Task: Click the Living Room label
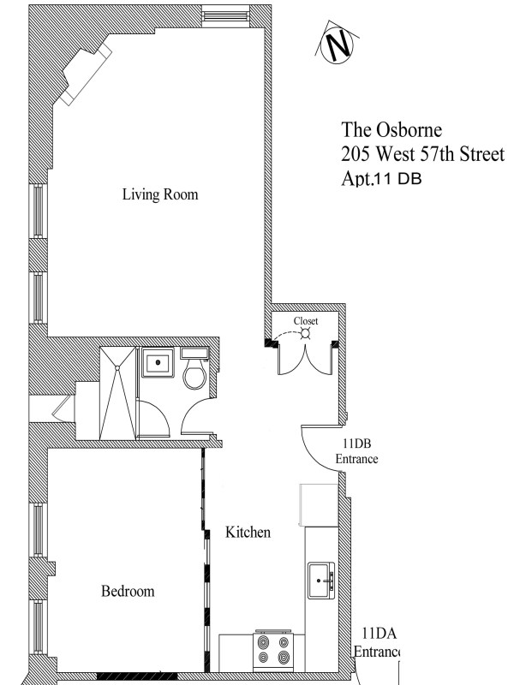[x=160, y=195]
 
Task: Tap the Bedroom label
[x=128, y=592]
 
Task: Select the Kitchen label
[x=248, y=533]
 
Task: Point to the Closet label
[x=306, y=321]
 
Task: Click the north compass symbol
[x=337, y=45]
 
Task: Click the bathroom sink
[x=158, y=363]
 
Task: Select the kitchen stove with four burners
[x=275, y=652]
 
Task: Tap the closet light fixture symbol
[x=306, y=336]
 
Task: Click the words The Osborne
[x=392, y=130]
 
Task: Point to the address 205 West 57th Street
[x=422, y=156]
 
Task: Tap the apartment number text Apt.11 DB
[x=380, y=180]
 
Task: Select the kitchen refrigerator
[x=319, y=505]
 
